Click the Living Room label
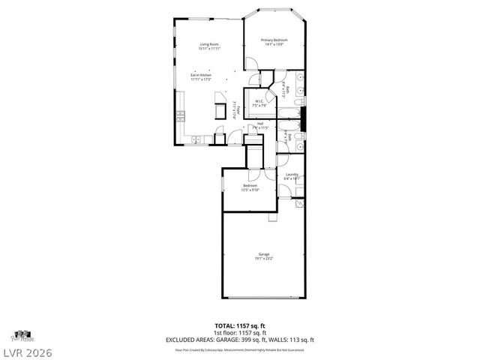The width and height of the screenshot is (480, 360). click(209, 46)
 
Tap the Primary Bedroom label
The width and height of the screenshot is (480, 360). click(274, 42)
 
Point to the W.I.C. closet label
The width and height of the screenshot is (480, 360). click(259, 103)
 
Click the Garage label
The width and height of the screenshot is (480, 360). click(265, 256)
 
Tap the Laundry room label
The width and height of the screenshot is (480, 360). click(292, 177)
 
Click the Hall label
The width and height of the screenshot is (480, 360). click(260, 126)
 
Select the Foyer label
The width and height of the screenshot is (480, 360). click(237, 110)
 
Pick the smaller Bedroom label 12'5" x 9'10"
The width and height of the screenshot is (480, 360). click(250, 187)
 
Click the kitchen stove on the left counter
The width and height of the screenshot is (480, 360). click(180, 115)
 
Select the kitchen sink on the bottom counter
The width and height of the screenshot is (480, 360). click(196, 139)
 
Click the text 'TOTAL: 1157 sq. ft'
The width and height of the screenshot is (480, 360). click(239, 325)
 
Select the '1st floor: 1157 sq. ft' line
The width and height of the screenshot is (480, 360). click(239, 332)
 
